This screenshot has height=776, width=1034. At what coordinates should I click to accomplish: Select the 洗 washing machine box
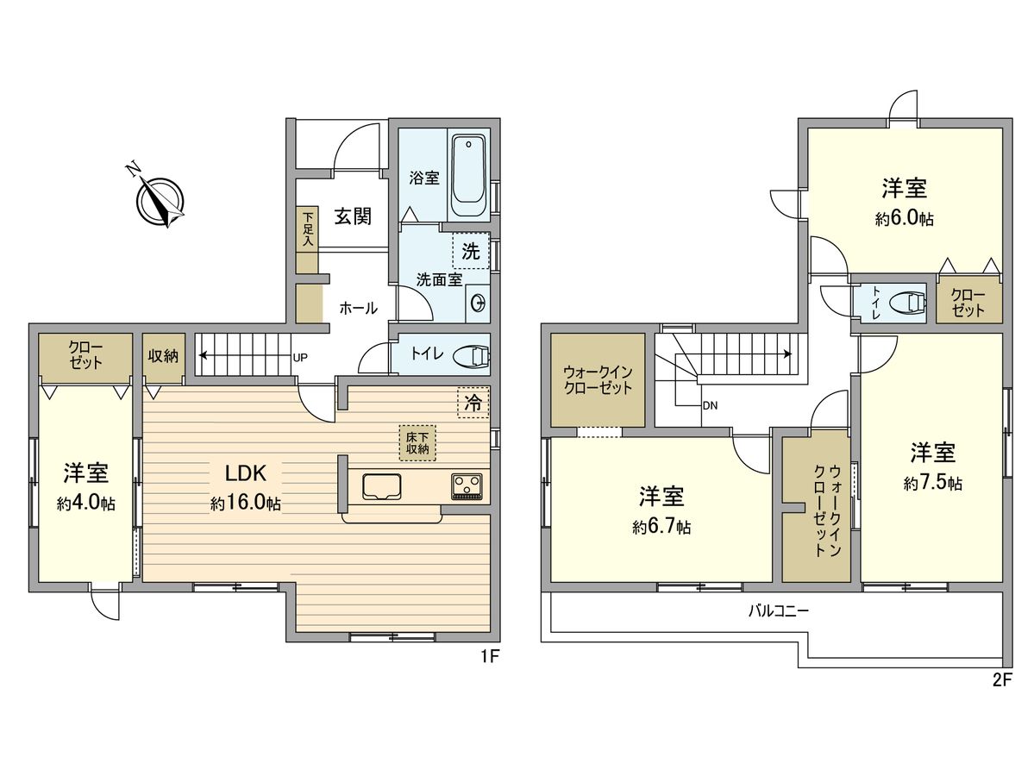(x=471, y=252)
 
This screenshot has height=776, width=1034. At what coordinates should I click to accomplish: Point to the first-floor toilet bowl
(x=470, y=355)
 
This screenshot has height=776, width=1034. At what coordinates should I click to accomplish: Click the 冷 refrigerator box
(x=473, y=402)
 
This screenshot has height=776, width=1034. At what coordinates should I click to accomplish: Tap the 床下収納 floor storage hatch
(x=417, y=442)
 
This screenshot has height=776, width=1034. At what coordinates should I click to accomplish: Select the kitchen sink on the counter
(x=381, y=486)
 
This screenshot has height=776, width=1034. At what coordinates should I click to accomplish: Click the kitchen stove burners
(x=468, y=486)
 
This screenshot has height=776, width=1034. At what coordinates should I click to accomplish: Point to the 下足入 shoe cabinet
(x=307, y=230)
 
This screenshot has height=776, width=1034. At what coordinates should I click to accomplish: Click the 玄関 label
(x=353, y=216)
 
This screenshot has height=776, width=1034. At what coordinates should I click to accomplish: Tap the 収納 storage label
(x=163, y=354)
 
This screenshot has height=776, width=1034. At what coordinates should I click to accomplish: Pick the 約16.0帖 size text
(x=246, y=503)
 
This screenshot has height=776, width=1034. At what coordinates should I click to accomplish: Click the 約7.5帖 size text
(x=932, y=484)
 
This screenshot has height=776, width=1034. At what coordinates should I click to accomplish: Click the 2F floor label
(x=1000, y=679)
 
